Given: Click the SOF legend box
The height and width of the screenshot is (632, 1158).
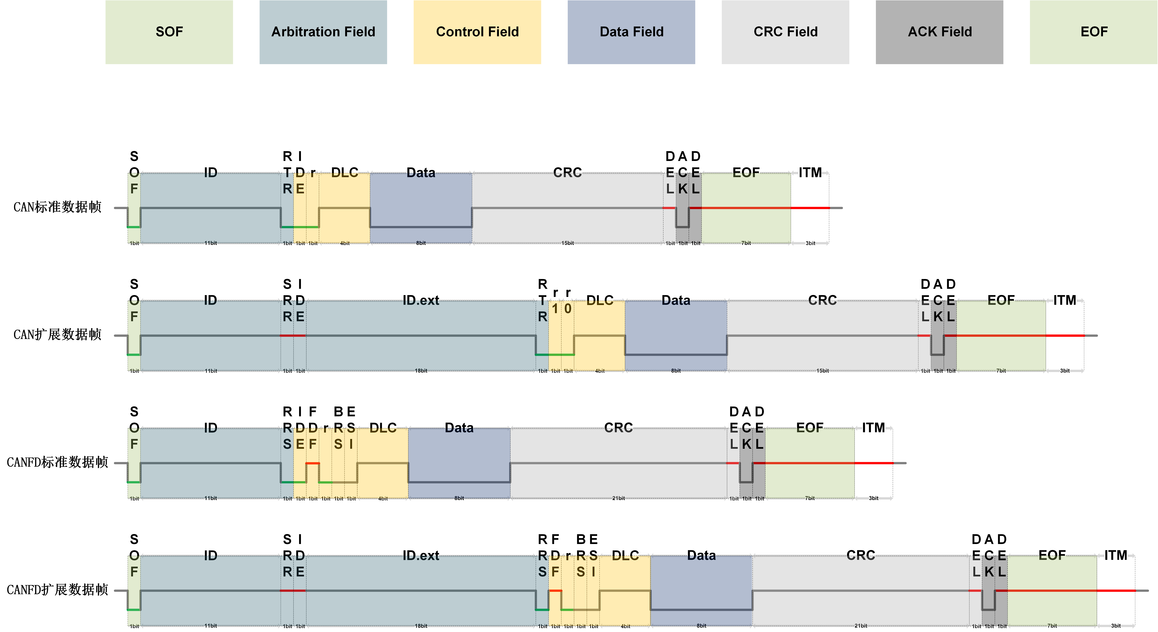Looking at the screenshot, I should click(169, 32).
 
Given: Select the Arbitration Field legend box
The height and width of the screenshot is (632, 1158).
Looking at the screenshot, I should click(323, 32).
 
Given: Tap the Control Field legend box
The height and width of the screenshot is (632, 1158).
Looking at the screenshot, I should click(477, 32).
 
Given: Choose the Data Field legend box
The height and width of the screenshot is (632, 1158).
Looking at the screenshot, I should click(631, 32).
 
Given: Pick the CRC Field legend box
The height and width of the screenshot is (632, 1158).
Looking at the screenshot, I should click(785, 32).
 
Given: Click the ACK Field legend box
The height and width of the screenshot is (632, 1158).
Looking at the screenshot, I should click(940, 32).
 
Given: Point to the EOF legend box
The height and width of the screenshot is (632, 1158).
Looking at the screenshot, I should click(1094, 32).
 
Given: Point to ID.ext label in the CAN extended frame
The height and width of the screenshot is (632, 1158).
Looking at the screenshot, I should click(421, 300).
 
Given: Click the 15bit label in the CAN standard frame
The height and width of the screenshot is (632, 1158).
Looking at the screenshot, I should click(567, 243).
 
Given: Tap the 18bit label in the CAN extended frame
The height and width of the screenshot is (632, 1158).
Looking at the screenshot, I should click(421, 371).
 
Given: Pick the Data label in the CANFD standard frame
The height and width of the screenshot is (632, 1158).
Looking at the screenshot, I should click(459, 428).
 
